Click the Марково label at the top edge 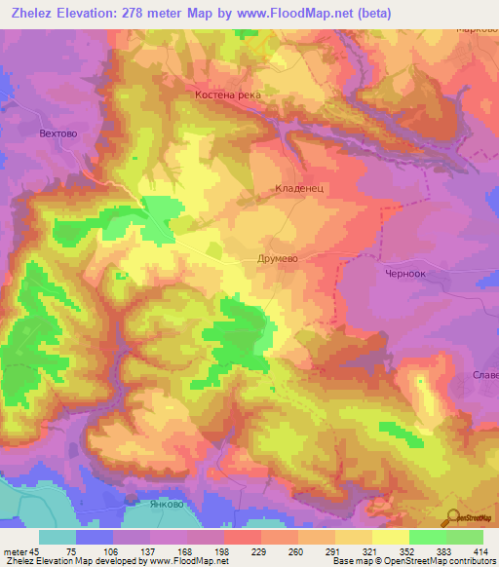pos(478,28)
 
